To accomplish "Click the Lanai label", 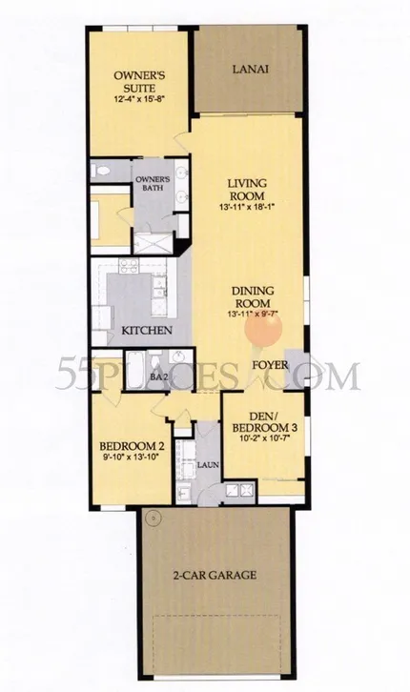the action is tap(250, 70).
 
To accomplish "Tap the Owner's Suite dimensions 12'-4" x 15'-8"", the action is tap(139, 100).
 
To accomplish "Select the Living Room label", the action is tap(247, 189).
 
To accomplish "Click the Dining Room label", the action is tap(253, 297).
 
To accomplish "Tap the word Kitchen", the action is tap(147, 330).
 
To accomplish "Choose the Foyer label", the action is tap(270, 365).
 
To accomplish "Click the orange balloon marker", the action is tap(263, 330).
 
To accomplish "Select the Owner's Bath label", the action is tap(153, 184).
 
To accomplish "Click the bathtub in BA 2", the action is tap(134, 370).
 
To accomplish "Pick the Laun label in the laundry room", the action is tap(208, 465).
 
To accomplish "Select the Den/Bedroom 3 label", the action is tap(264, 422).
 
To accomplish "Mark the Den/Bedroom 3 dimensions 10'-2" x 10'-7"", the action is tap(265, 438).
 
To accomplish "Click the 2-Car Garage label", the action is tap(214, 575).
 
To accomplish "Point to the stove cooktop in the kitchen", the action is tap(129, 265).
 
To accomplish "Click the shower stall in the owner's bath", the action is tap(154, 243).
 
